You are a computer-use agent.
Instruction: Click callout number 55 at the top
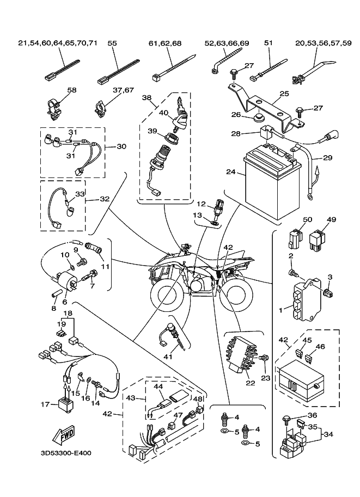pyautogui.click(x=112, y=42)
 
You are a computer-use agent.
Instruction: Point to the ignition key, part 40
pyautogui.click(x=181, y=109)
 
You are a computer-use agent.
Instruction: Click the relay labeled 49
pyautogui.click(x=317, y=240)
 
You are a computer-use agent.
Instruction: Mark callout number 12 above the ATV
pyautogui.click(x=200, y=204)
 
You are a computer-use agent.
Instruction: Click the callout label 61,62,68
pyautogui.click(x=165, y=42)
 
